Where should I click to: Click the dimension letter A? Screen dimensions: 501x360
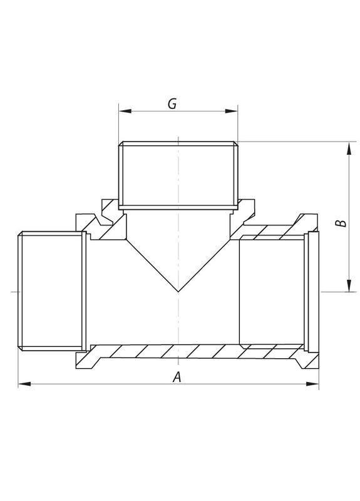pos(177,376)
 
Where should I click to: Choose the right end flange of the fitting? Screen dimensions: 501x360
pos(313,291)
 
